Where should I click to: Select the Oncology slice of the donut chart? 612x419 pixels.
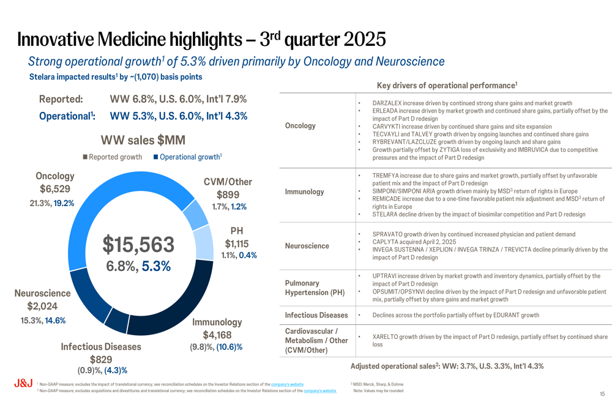point(122,184)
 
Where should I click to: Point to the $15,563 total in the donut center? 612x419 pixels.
point(138,244)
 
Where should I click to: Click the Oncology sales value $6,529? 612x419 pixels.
point(55,189)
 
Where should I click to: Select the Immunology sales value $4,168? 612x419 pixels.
point(217,335)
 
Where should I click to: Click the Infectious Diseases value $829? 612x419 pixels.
point(101,359)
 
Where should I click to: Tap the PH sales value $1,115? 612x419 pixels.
point(237,243)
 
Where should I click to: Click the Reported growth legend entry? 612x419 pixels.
point(113,157)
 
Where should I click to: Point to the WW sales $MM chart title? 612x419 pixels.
point(143,140)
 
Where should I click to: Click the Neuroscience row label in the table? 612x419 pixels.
point(307,246)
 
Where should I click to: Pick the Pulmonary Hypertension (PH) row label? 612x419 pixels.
point(315,287)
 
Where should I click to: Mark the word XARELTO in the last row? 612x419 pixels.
point(387,337)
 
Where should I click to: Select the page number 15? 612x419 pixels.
point(602,395)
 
